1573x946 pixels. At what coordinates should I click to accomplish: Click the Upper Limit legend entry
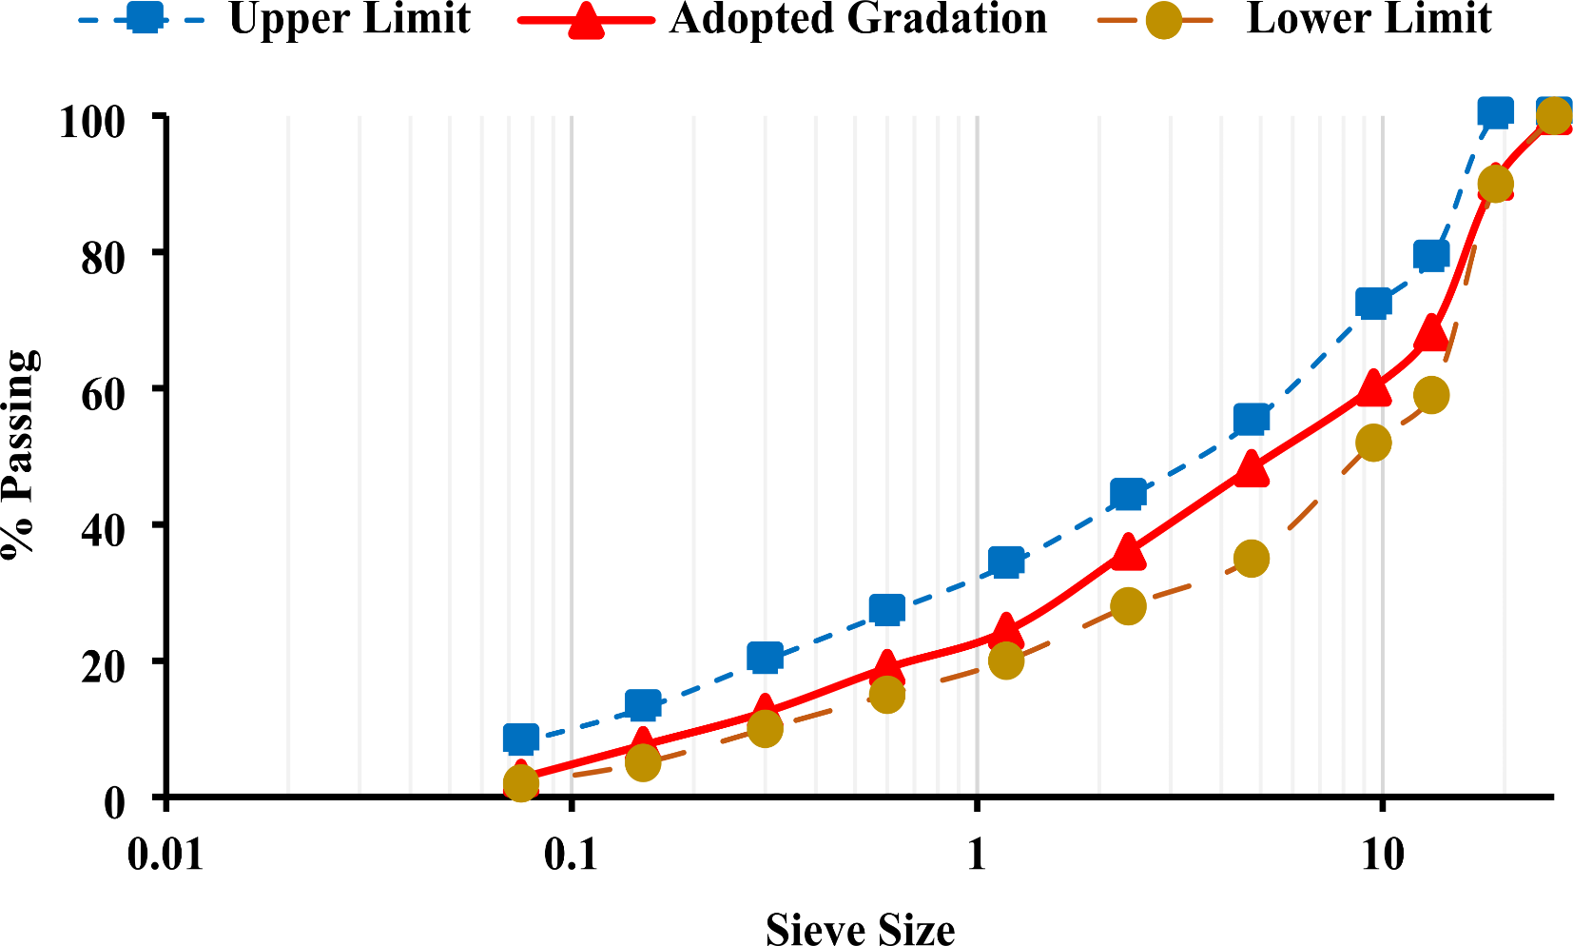(349, 19)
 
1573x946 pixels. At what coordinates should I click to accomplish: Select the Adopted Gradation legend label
(858, 19)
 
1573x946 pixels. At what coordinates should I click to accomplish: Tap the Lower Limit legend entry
(1368, 19)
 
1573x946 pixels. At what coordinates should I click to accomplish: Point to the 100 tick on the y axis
(92, 121)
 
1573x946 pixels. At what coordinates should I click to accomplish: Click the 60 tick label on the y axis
(103, 393)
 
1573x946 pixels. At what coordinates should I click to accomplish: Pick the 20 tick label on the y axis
(103, 666)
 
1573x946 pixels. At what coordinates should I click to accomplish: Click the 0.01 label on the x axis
(166, 855)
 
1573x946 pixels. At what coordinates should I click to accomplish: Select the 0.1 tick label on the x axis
(571, 855)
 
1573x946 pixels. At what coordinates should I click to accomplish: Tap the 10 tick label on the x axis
(1381, 855)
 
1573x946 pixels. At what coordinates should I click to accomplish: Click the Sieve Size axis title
(860, 929)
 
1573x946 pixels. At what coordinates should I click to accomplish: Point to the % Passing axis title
(21, 455)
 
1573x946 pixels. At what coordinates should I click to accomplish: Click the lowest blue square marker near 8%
(520, 738)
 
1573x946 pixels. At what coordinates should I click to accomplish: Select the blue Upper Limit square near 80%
(1431, 254)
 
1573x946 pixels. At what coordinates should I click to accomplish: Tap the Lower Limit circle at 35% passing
(1252, 559)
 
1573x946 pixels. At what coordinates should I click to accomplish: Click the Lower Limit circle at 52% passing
(1373, 443)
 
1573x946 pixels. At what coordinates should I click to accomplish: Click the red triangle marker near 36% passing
(1128, 551)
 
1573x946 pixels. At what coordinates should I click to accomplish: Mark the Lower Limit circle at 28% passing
(1128, 606)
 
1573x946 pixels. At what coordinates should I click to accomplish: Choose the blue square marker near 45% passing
(1128, 493)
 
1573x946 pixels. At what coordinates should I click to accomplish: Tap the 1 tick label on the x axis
(977, 855)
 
